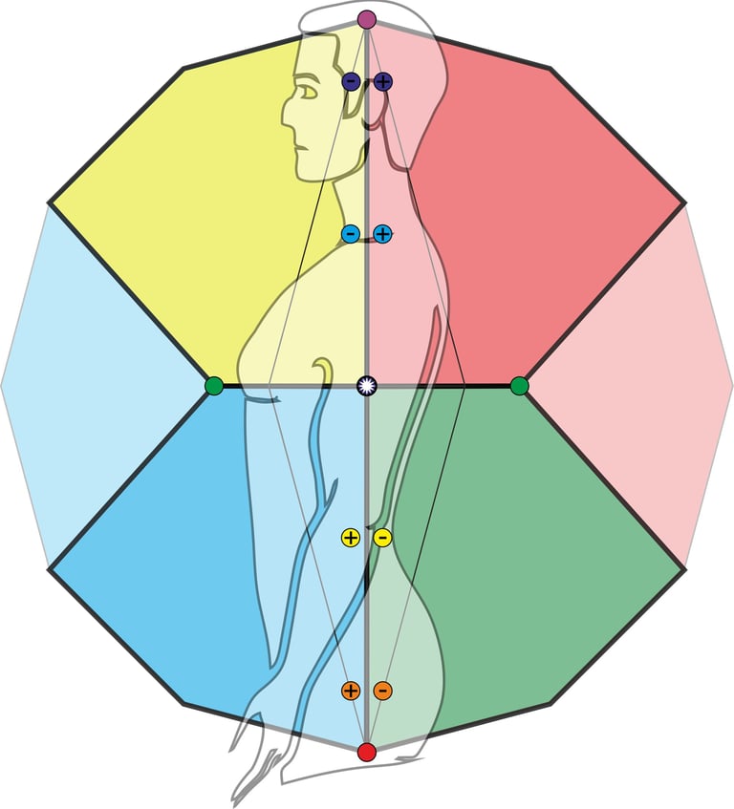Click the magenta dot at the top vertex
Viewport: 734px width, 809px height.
pos(367,19)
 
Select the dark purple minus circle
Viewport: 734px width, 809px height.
pos(351,82)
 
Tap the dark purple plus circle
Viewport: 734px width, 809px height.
pos(383,82)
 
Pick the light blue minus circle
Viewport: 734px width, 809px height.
pos(351,234)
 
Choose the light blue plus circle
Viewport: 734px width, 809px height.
pos(383,234)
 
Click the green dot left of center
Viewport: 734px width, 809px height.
pos(214,386)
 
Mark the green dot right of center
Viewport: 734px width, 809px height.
pos(519,386)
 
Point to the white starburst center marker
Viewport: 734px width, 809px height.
pos(367,386)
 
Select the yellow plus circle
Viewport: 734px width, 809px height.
pos(351,538)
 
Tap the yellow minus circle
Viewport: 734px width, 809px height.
pos(382,538)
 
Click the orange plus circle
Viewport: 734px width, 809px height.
pos(351,690)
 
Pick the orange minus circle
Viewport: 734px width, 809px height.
pos(382,690)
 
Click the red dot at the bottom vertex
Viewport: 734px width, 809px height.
pos(367,753)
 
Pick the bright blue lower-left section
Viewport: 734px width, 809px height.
pos(172,564)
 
